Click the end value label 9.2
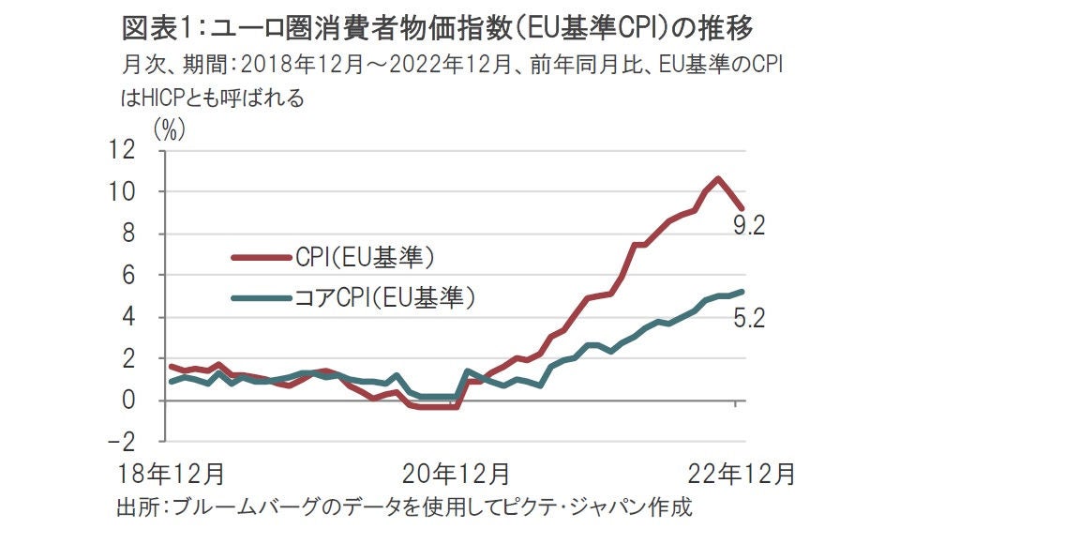coord(751,226)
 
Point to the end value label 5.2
coord(751,320)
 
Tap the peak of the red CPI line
coord(717,178)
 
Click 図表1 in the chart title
coord(156,28)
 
